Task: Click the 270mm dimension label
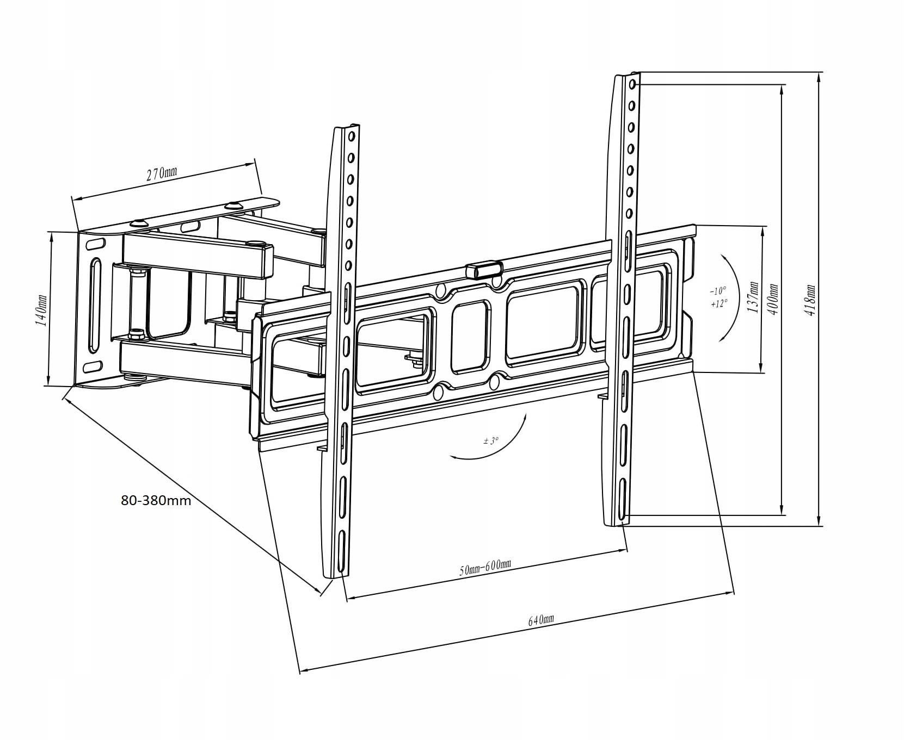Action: click(x=162, y=174)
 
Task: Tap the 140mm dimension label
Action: click(x=40, y=310)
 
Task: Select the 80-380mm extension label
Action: click(x=156, y=500)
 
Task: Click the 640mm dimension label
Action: click(x=541, y=620)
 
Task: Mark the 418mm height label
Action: click(x=811, y=300)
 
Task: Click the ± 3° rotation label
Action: click(x=490, y=441)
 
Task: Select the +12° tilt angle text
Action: click(x=718, y=304)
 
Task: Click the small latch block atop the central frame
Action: click(x=484, y=270)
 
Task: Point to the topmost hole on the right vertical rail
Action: click(x=632, y=85)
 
